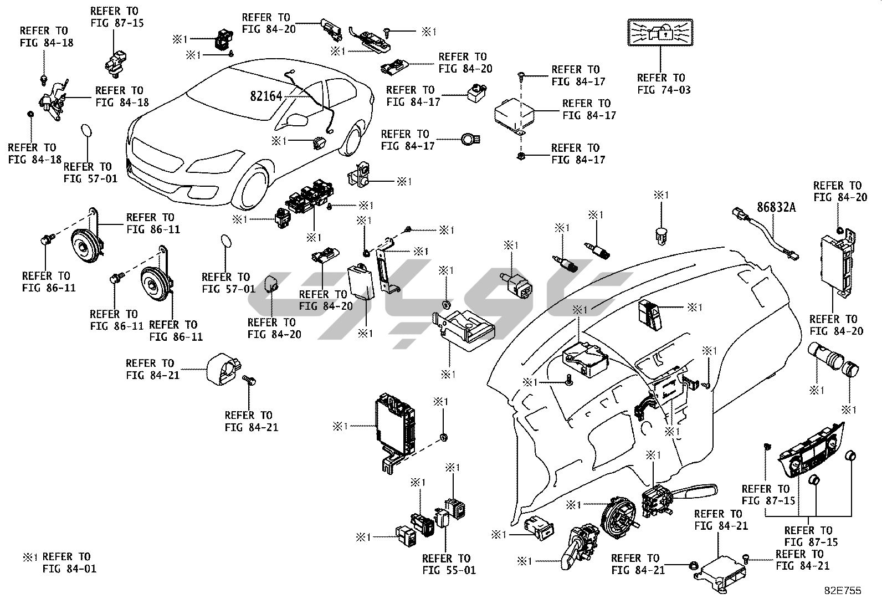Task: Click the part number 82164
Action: pyautogui.click(x=266, y=96)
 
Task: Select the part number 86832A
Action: pyautogui.click(x=776, y=208)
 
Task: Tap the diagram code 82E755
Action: pyautogui.click(x=842, y=591)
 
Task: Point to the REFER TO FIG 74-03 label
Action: pyautogui.click(x=664, y=84)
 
